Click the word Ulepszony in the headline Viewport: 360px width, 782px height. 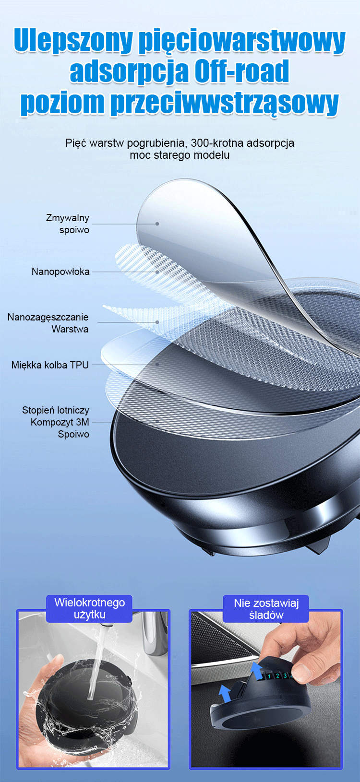click(73, 41)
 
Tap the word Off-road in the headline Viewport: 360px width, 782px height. click(241, 71)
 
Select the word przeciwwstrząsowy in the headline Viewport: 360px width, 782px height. click(225, 103)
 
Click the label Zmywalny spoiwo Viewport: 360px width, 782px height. click(68, 224)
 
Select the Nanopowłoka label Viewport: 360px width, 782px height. click(61, 272)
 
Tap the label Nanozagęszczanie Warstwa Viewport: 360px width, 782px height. click(48, 323)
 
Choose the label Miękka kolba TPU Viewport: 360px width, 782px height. click(50, 365)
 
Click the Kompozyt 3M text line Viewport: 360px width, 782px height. click(60, 422)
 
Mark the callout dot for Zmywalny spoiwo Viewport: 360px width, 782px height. click(157, 224)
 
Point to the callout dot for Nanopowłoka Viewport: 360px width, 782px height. click(157, 272)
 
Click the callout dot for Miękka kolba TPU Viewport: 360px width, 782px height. click(157, 364)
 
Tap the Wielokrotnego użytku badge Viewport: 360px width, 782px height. click(89, 609)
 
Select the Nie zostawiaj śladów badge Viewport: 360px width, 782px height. click(266, 609)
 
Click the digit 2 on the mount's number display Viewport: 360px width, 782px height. click(277, 676)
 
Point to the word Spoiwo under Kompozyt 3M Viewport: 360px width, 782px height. click(73, 434)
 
